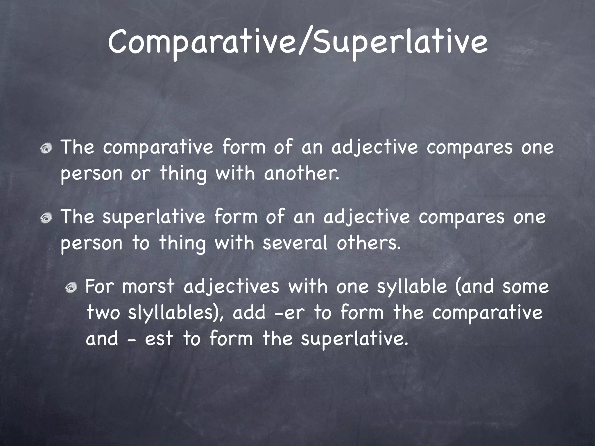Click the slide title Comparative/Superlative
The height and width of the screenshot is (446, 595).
297,43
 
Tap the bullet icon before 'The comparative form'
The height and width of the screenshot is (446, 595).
46,149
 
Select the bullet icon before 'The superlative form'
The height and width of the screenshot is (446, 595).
46,218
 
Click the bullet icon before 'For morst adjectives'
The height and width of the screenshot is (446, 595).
71,288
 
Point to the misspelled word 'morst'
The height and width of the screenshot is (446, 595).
148,287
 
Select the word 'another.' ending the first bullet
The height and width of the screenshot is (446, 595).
302,173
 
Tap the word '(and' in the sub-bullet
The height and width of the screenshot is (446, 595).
474,287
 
